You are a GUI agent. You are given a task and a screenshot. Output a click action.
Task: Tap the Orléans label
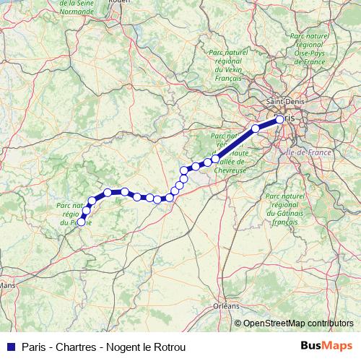[226, 306]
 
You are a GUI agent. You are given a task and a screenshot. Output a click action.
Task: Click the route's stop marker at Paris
[280, 119]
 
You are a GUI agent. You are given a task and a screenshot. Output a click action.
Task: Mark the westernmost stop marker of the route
[81, 222]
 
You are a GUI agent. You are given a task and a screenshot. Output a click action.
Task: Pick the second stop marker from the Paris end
[255, 129]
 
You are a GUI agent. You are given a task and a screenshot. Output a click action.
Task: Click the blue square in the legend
[11, 347]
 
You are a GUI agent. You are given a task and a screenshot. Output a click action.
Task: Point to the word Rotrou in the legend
[170, 347]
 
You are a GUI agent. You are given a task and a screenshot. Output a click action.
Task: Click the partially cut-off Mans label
[8, 285]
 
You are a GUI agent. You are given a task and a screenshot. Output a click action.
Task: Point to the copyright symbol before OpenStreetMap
[239, 323]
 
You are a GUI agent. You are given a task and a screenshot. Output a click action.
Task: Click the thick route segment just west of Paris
[268, 123]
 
